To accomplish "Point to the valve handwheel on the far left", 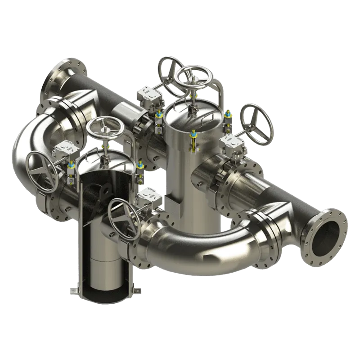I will (42, 170).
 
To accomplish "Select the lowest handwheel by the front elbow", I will (124, 218).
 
